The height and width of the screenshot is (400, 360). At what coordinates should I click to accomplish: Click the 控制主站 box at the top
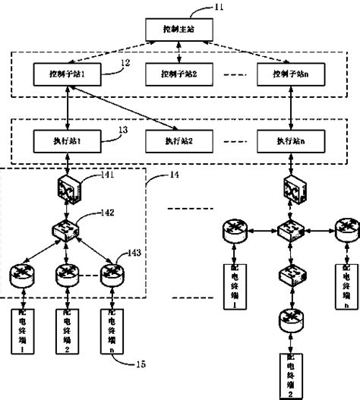(x=179, y=30)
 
